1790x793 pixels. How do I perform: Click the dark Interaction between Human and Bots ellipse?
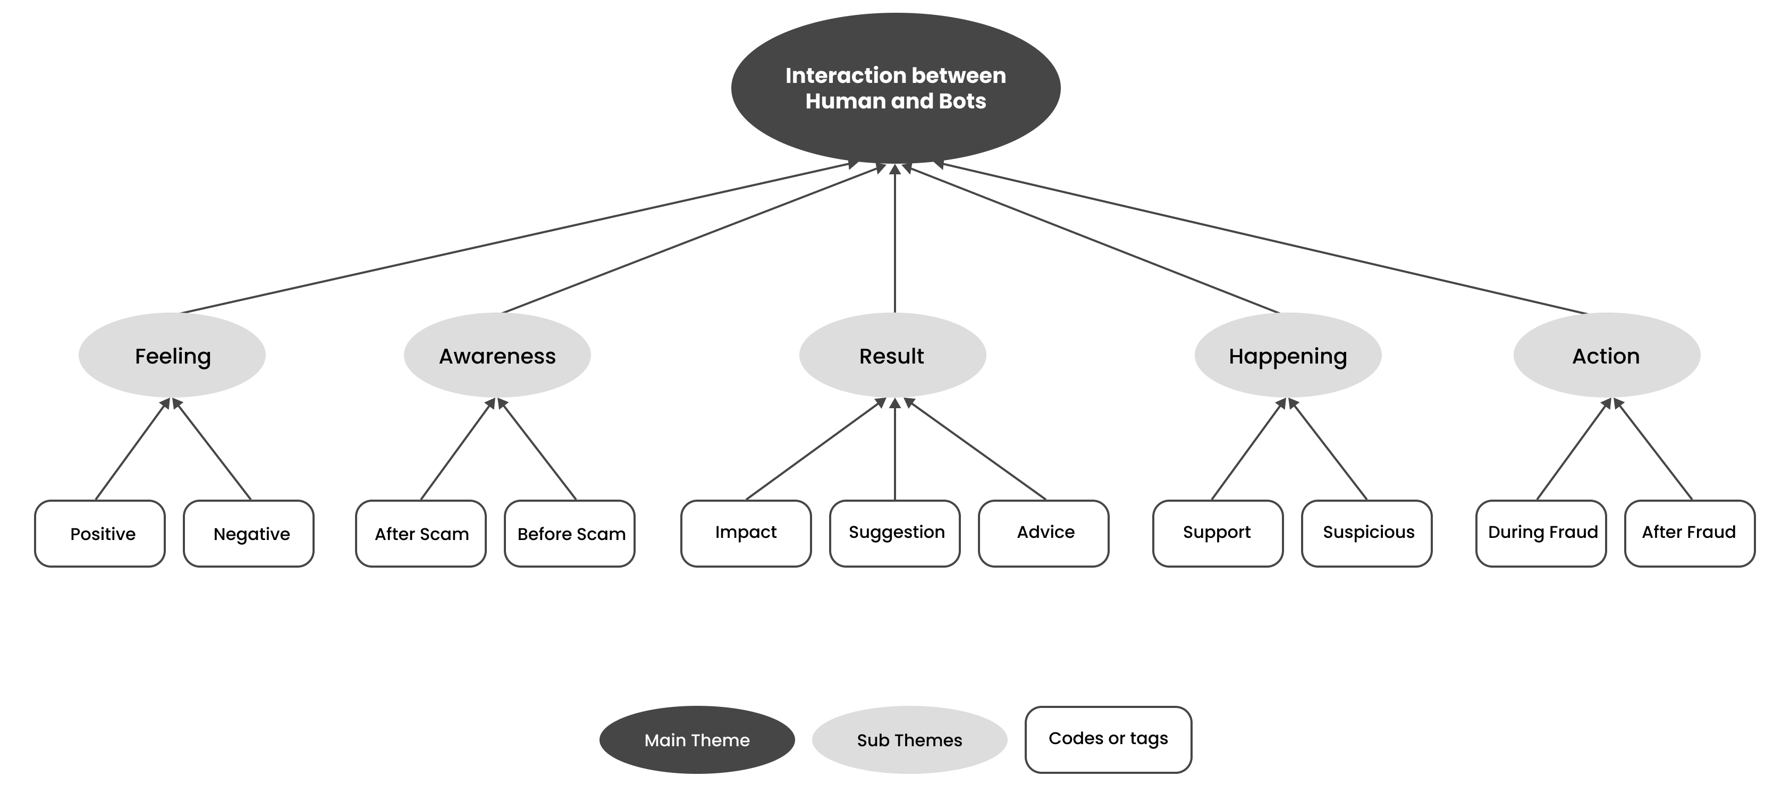coord(895,88)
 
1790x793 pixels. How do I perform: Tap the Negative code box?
coord(249,533)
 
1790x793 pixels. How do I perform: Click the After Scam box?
coord(420,533)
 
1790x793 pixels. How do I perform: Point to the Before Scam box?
coord(570,533)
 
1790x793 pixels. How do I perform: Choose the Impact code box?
coord(746,533)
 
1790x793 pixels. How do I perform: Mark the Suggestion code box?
coord(895,533)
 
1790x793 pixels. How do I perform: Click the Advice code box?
coord(1044,533)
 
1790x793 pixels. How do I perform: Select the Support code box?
coord(1218,533)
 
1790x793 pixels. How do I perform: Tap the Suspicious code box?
coord(1367,533)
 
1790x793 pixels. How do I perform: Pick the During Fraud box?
coord(1541,533)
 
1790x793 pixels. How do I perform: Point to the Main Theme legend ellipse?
coord(697,739)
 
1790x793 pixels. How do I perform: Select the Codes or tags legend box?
coord(1108,739)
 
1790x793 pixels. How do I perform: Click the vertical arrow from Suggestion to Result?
coord(895,452)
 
